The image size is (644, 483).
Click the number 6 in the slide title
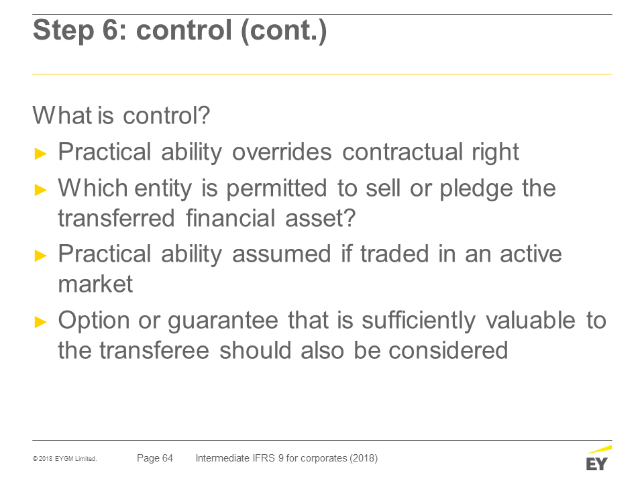pos(111,30)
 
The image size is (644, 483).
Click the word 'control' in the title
pos(184,30)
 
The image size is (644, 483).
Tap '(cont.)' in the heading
pos(284,31)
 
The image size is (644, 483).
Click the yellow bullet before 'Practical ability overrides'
pos(41,154)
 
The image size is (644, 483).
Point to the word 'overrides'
pos(282,152)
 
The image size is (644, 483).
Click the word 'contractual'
pos(402,152)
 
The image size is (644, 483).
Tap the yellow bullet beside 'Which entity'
pos(41,190)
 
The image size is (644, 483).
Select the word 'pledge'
pos(476,190)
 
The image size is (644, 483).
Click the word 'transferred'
pos(116,217)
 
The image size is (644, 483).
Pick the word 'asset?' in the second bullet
pos(321,217)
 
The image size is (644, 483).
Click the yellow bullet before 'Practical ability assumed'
pos(41,256)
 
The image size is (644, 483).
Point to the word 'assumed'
pos(282,254)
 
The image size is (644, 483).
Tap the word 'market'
pos(96,284)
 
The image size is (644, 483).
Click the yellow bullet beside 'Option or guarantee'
pos(41,321)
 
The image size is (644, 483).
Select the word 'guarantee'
pos(223,321)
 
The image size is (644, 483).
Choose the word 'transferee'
pos(154,350)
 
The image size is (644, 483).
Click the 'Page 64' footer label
pos(155,458)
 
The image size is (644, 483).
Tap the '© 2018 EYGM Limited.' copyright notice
pos(65,459)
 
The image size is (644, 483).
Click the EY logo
pos(598,458)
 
